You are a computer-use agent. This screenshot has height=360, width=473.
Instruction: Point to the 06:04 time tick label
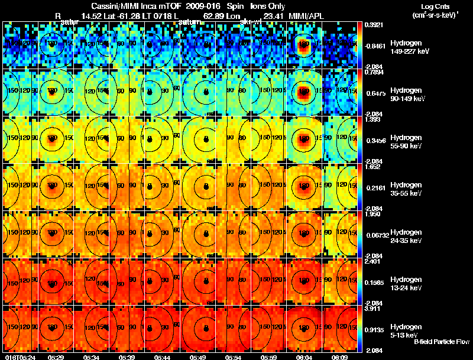(x=303, y=356)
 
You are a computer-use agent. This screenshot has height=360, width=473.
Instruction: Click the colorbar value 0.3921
(x=373, y=25)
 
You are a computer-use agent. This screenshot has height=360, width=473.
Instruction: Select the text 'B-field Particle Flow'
(x=442, y=341)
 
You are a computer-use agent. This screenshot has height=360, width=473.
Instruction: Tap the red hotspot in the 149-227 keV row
(x=303, y=45)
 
